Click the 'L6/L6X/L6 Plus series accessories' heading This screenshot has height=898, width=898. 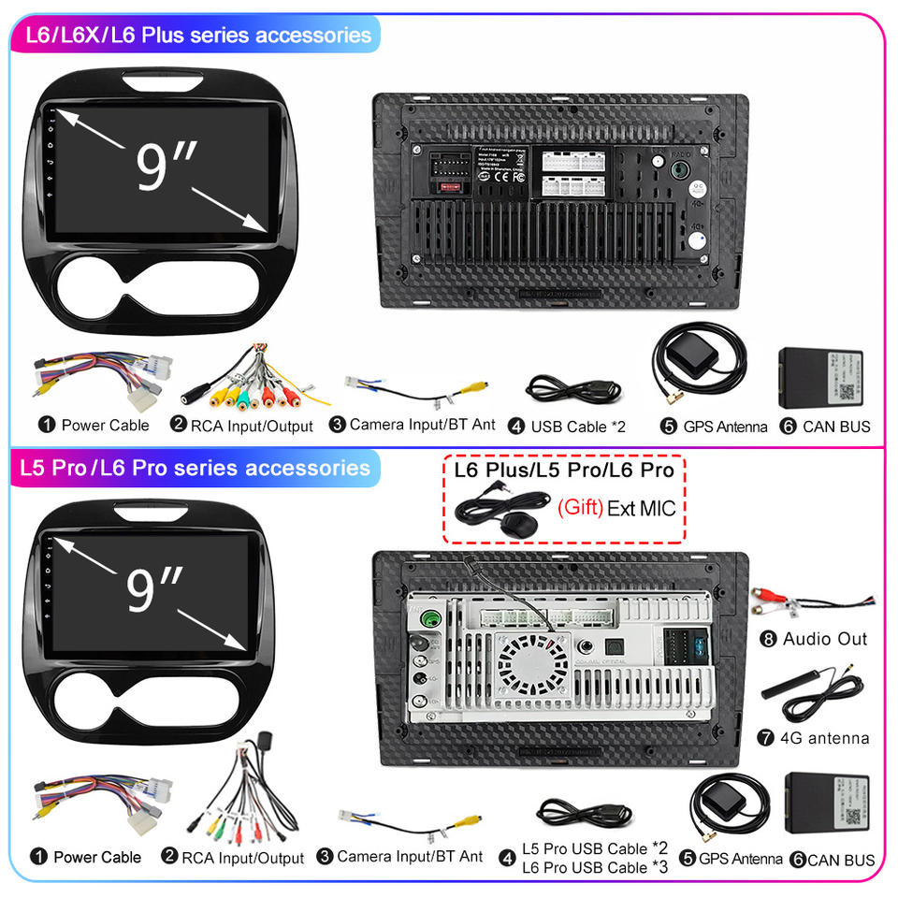(197, 36)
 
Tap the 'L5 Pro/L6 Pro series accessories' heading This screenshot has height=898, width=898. (197, 467)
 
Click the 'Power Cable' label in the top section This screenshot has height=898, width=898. (105, 426)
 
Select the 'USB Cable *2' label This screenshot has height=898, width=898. (578, 427)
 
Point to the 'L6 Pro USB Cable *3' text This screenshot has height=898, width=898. (596, 867)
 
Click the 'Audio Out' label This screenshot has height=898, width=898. (825, 639)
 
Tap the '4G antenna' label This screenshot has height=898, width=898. (825, 738)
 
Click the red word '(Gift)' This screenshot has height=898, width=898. (580, 509)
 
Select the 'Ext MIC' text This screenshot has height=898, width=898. (641, 509)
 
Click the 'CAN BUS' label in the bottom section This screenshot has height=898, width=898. (841, 860)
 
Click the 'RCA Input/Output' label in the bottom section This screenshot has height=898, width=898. (242, 858)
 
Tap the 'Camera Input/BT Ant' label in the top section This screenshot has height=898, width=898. (422, 425)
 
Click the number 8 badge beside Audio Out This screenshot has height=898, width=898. (769, 640)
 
